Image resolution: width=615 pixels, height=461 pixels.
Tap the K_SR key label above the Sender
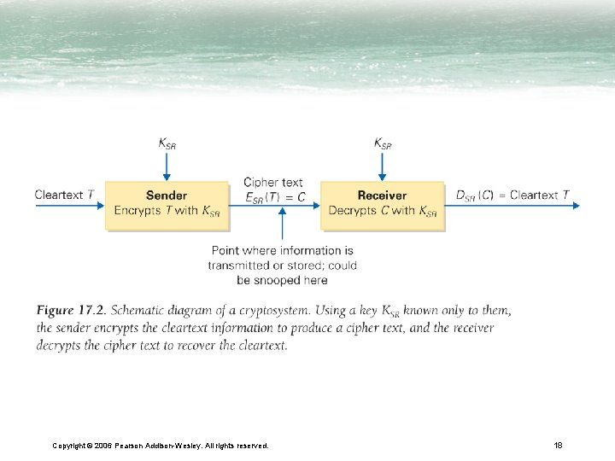[x=167, y=143]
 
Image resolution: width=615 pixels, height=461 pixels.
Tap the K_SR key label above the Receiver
[x=383, y=143]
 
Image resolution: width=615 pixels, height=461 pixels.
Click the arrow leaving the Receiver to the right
[x=512, y=206]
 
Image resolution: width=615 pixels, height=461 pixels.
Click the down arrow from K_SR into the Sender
[x=167, y=166]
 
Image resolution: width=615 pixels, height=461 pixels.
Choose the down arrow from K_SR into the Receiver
[x=383, y=166]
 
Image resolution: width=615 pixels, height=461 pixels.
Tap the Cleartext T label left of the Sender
[x=64, y=195]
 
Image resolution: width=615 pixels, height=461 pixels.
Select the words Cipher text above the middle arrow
[x=272, y=182]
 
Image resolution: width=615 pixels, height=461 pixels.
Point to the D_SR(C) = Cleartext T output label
[x=512, y=195]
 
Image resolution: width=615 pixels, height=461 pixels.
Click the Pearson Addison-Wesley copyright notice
[x=160, y=446]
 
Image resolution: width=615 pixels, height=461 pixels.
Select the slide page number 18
[x=558, y=445]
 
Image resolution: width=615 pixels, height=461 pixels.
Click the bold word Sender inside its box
[x=167, y=195]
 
